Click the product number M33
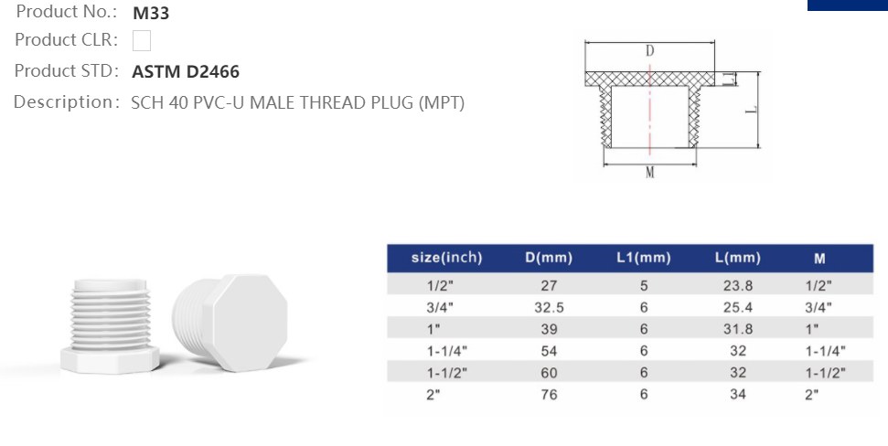click(x=151, y=14)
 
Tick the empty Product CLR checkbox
click(x=142, y=41)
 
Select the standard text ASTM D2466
click(x=186, y=72)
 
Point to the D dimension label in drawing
click(x=649, y=51)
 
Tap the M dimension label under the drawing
click(x=649, y=174)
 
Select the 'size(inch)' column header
click(x=446, y=258)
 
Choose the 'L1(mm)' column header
click(x=643, y=258)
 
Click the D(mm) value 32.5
click(x=549, y=307)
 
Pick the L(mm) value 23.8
click(x=738, y=285)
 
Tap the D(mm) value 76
click(x=549, y=394)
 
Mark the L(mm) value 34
click(x=738, y=394)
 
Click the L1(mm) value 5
click(x=644, y=285)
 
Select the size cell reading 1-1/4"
click(x=446, y=350)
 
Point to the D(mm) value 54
click(x=549, y=350)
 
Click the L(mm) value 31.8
click(x=738, y=329)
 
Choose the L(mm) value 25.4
click(x=738, y=307)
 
